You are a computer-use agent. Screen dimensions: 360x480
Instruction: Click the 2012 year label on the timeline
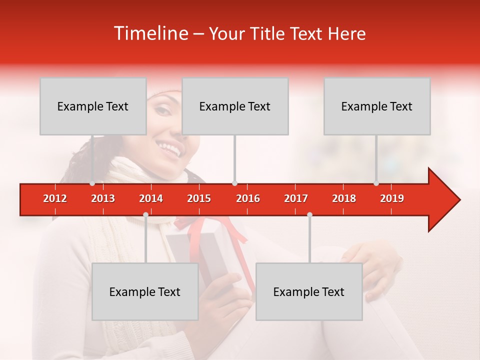click(55, 198)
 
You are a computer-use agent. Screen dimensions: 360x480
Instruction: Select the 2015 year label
click(199, 198)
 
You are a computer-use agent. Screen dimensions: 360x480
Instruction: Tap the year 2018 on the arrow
click(344, 198)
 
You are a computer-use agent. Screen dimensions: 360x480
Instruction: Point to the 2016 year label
click(248, 198)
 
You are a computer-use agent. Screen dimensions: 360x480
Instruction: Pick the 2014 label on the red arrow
click(151, 198)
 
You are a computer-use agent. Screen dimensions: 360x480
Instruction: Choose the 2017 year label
click(296, 198)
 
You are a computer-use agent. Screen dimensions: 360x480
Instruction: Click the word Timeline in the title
click(150, 33)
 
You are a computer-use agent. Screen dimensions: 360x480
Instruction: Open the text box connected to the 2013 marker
click(93, 106)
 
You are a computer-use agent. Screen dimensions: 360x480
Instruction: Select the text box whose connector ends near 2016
click(235, 106)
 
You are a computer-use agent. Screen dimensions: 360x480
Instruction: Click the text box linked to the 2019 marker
click(377, 106)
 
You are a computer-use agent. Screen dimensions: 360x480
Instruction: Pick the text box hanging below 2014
click(145, 291)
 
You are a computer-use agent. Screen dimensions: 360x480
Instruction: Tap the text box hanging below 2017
click(309, 291)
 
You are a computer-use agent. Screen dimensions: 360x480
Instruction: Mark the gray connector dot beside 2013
click(92, 183)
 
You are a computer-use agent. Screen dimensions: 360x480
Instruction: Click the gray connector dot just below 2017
click(309, 215)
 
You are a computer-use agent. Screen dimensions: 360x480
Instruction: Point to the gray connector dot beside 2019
click(376, 183)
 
